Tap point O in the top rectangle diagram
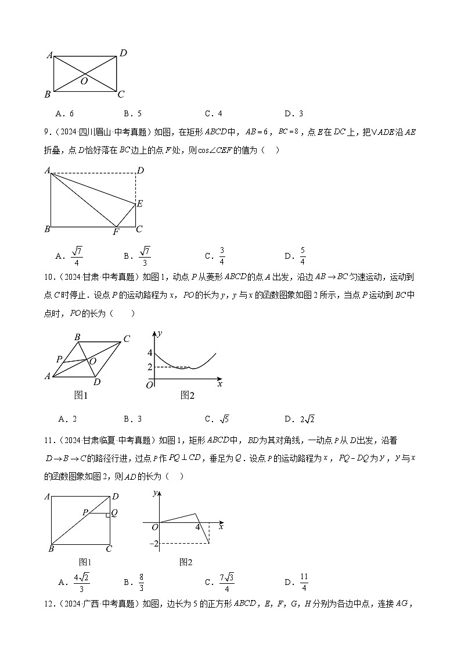coord(84,81)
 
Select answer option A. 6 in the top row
coord(66,113)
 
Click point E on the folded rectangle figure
coord(139,204)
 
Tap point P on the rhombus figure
coord(59,359)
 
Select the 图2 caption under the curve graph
coord(187,395)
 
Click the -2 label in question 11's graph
coord(153,543)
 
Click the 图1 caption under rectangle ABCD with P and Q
coord(85,562)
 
